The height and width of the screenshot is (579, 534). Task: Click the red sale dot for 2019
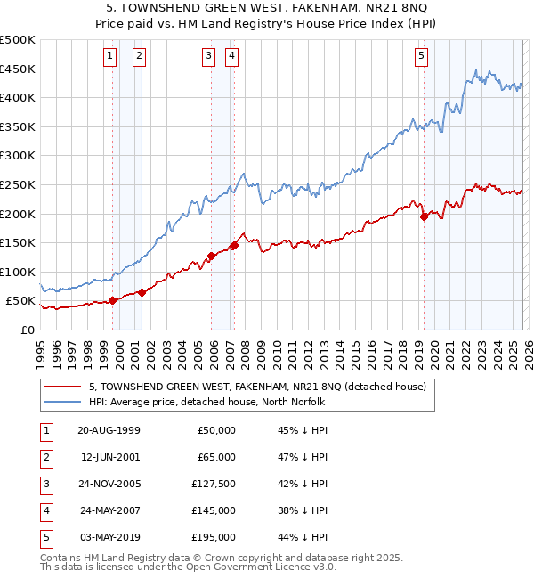pos(424,216)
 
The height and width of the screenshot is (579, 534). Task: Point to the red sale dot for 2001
pos(142,292)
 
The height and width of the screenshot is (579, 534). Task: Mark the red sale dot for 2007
pos(234,245)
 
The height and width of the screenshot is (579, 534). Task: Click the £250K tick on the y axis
pos(18,184)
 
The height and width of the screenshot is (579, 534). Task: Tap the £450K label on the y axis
pos(18,69)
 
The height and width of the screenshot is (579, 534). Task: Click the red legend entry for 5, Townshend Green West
pos(258,387)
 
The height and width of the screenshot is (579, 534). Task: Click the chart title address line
pos(267,8)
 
